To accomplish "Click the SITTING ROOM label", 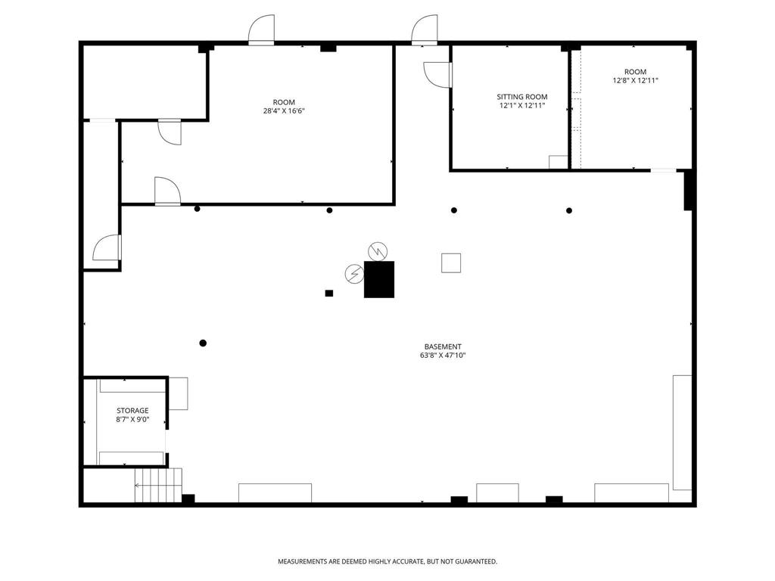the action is (x=522, y=97).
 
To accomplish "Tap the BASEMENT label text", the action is (x=443, y=346).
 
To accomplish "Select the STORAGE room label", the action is (x=132, y=411).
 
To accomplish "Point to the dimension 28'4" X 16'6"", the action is (x=284, y=111).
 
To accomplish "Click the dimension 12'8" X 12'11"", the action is (x=635, y=80).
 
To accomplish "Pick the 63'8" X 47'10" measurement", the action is (x=443, y=356).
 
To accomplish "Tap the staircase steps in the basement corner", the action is (x=158, y=485).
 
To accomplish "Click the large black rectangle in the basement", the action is (x=379, y=280).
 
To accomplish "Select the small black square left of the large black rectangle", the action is (x=329, y=294).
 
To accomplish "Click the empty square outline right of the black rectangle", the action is (x=451, y=263).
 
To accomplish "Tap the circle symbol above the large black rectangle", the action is (x=378, y=251).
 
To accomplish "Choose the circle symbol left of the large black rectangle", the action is (x=354, y=274).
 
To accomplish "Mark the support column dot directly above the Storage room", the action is (x=203, y=343).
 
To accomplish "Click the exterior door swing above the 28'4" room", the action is (x=261, y=30).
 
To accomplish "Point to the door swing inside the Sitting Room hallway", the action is (x=437, y=75).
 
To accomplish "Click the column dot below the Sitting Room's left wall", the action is (x=454, y=210).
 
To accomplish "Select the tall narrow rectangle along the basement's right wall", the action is (x=682, y=433).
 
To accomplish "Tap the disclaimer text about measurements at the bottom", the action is (x=387, y=562).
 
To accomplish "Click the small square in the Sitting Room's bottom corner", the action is (x=559, y=162).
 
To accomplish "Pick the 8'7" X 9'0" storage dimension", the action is (x=132, y=419).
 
